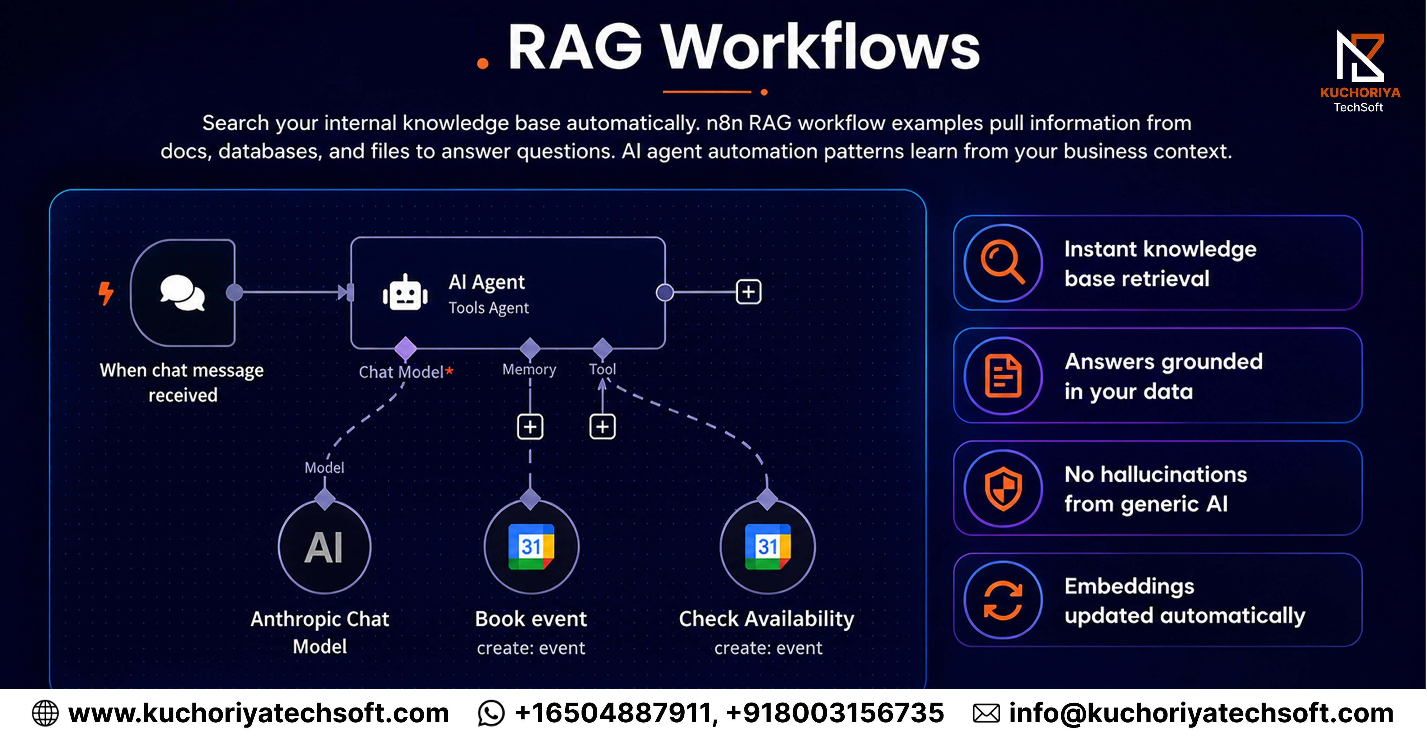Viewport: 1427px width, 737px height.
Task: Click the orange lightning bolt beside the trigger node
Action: click(x=106, y=293)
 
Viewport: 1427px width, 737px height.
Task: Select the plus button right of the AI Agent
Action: click(x=748, y=292)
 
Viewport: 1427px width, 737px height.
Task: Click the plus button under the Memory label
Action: click(x=530, y=426)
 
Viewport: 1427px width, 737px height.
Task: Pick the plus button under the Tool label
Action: click(x=602, y=426)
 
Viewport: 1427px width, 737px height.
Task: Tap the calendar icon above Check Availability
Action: click(x=768, y=546)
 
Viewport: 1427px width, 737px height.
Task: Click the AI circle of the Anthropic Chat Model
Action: click(x=324, y=547)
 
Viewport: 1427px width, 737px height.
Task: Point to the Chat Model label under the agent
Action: click(x=401, y=372)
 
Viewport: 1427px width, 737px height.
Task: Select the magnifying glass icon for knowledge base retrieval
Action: click(x=1003, y=263)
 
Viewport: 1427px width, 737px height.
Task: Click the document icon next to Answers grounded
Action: click(x=1003, y=376)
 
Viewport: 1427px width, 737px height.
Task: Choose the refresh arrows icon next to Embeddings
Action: click(x=1003, y=600)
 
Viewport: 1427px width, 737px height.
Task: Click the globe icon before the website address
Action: click(x=45, y=713)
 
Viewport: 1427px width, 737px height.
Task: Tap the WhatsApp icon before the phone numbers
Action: click(x=491, y=713)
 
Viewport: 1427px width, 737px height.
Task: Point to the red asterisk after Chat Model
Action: click(x=449, y=371)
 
